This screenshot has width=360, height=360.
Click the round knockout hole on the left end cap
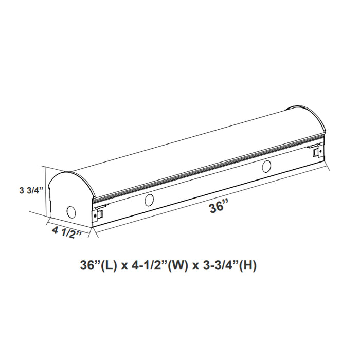71,212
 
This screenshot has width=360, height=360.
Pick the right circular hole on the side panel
266,166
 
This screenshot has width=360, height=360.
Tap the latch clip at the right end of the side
316,153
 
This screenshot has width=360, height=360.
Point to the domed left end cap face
69,198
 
